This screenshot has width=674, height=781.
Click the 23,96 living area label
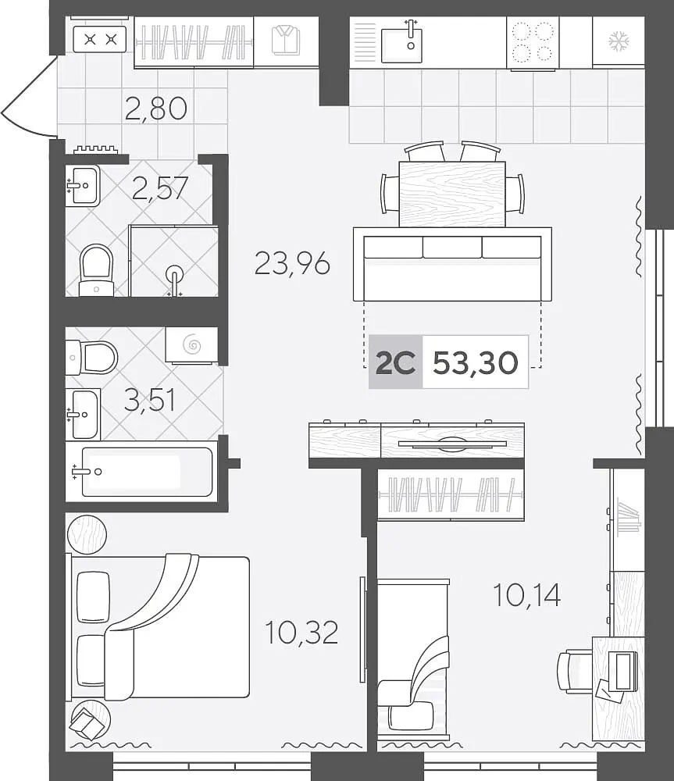coord(292,263)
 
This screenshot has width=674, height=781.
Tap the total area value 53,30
coord(476,362)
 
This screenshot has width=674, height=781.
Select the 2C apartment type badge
coord(395,362)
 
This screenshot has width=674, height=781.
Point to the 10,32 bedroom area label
coord(302,632)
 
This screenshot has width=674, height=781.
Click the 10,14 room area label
coord(526,594)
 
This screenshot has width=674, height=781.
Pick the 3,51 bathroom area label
coord(150,401)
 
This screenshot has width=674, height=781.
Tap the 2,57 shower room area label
coord(160,187)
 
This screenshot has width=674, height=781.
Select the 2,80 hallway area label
coord(156,109)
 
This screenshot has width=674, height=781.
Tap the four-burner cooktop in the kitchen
coord(533,42)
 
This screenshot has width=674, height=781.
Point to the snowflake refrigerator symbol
coord(619,41)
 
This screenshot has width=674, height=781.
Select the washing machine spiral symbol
coord(192,344)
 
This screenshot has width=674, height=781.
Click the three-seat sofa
coord(452,265)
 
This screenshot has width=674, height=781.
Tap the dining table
coord(452,194)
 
